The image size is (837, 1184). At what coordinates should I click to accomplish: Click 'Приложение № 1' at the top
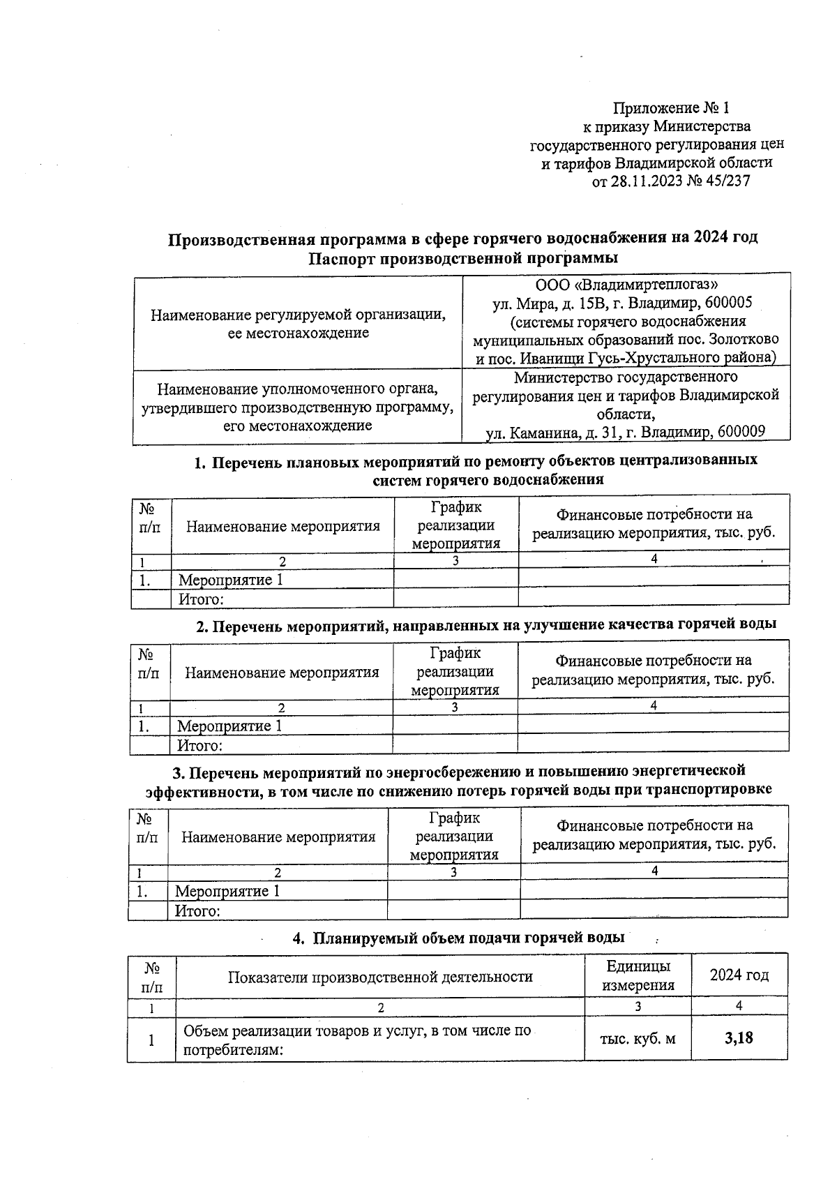[670, 108]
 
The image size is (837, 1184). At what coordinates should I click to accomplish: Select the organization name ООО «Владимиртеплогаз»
[626, 285]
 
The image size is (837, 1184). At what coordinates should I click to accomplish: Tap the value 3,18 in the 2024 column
[739, 1038]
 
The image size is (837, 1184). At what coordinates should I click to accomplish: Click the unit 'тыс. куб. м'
[638, 1039]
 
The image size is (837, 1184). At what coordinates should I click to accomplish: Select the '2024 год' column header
[739, 975]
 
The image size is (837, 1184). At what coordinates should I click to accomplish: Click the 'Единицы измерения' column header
[638, 975]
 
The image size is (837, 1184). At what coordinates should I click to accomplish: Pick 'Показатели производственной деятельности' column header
[380, 977]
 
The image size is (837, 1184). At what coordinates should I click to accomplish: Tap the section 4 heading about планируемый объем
[458, 938]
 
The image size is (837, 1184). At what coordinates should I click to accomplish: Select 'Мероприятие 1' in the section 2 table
[229, 726]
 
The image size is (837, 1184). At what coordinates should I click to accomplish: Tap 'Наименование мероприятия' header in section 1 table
[282, 526]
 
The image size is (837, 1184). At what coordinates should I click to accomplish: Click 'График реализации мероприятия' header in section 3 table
[454, 836]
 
